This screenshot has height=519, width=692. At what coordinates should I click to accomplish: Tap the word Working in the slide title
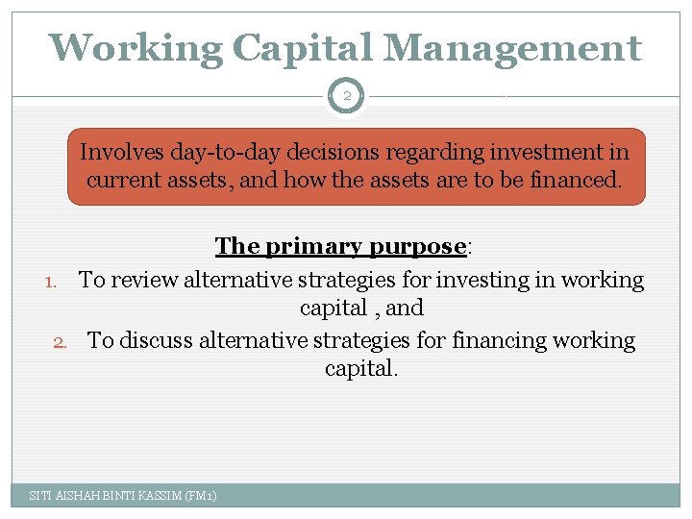click(136, 47)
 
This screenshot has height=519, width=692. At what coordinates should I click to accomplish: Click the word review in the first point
click(144, 281)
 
